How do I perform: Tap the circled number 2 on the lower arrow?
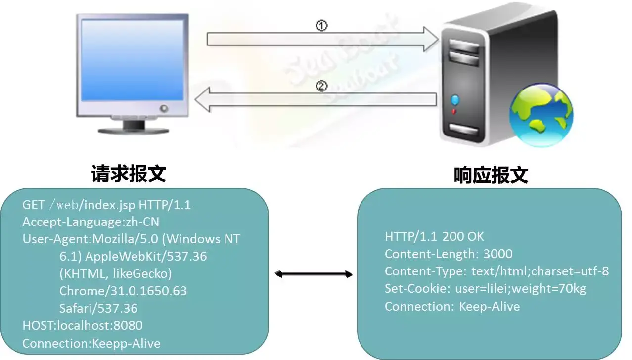(x=321, y=87)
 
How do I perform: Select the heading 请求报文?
(x=129, y=174)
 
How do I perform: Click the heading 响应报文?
(x=491, y=175)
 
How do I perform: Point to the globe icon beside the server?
(x=542, y=115)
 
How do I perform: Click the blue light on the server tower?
(x=455, y=101)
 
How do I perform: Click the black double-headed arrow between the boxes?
(x=314, y=273)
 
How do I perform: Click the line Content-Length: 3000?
(x=449, y=254)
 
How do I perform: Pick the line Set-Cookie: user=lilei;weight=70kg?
(x=485, y=288)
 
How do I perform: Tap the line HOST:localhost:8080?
(x=83, y=325)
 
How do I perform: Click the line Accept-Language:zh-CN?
(x=91, y=222)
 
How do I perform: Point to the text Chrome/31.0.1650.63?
(x=123, y=291)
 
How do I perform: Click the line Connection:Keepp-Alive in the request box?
(x=91, y=343)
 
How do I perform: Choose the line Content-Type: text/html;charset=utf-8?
(x=497, y=271)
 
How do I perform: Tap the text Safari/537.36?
(x=98, y=308)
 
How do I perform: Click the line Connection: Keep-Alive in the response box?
(x=452, y=306)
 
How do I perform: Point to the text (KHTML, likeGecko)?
(x=115, y=273)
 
